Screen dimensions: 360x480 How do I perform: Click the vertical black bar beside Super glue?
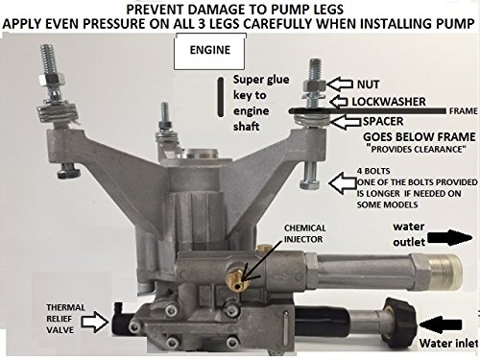click(222, 94)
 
